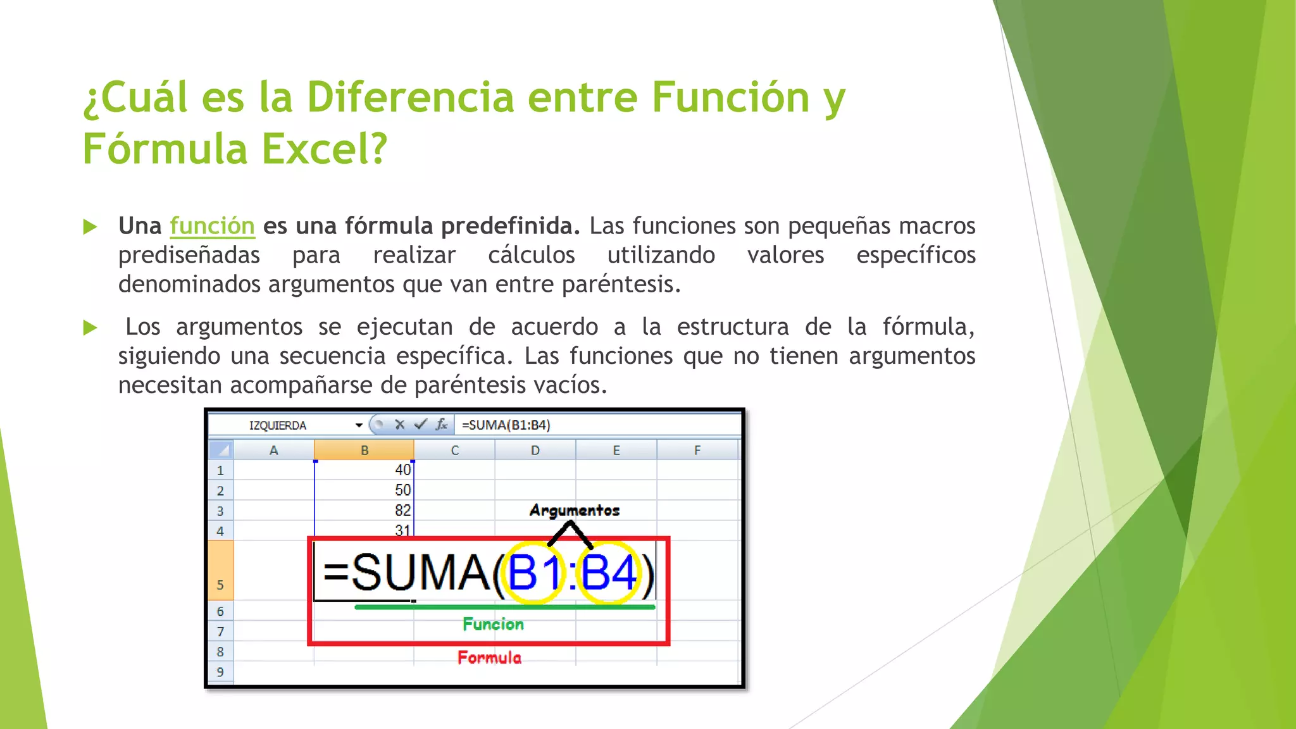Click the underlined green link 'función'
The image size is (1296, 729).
pyautogui.click(x=212, y=226)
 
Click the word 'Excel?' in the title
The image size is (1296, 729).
pyautogui.click(x=323, y=149)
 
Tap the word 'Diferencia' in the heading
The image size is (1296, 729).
pyautogui.click(x=410, y=97)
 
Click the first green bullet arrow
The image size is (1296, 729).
pyautogui.click(x=90, y=227)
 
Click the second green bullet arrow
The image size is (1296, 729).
pyautogui.click(x=90, y=328)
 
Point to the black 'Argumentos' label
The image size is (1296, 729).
pyautogui.click(x=574, y=510)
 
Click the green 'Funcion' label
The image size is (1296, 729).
pyautogui.click(x=493, y=624)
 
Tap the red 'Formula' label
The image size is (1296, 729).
pyautogui.click(x=489, y=657)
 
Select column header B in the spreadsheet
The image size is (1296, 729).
pyautogui.click(x=364, y=451)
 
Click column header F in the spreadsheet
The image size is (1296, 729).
pyautogui.click(x=697, y=451)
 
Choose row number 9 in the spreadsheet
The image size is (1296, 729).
pyautogui.click(x=220, y=672)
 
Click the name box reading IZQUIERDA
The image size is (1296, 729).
pyautogui.click(x=278, y=425)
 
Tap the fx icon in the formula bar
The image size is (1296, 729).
pyautogui.click(x=441, y=425)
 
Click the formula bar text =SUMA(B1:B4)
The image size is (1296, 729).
pyautogui.click(x=506, y=425)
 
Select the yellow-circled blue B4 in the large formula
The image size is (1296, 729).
pyautogui.click(x=608, y=573)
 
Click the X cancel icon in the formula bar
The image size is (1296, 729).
pyautogui.click(x=399, y=425)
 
